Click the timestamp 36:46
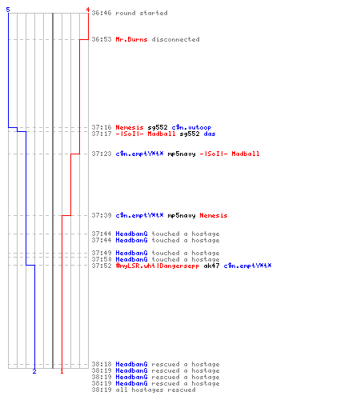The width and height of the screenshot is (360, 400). (x=102, y=13)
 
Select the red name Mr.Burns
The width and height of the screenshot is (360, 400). (x=131, y=39)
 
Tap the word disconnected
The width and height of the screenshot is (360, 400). (x=175, y=39)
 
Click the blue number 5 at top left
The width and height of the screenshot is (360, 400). (x=8, y=10)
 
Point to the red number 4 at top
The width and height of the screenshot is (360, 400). (x=88, y=10)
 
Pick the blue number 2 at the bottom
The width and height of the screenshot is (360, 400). (x=34, y=371)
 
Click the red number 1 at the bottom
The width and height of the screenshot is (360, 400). (x=62, y=371)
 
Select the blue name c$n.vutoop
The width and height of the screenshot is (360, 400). (x=191, y=127)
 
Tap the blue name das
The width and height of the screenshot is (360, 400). (x=210, y=134)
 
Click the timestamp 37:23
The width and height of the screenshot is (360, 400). (x=102, y=154)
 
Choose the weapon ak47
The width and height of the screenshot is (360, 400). (x=211, y=266)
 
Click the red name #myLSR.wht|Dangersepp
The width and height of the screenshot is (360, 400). (x=158, y=266)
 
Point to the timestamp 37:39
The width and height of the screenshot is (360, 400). (x=102, y=215)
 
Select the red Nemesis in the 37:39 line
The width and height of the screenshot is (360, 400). (x=214, y=215)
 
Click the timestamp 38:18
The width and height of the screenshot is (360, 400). (x=102, y=364)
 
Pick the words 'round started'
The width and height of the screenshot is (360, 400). (x=142, y=13)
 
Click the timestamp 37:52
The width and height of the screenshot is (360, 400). (x=102, y=266)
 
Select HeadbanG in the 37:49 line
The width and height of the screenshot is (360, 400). (x=131, y=253)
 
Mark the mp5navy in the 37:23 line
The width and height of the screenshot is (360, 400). (x=182, y=154)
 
